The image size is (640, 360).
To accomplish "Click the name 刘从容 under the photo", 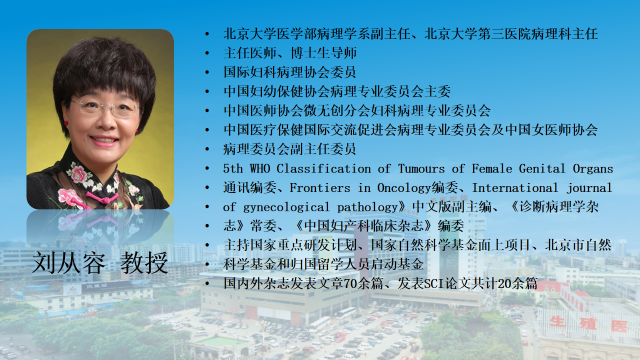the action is coord(69,263).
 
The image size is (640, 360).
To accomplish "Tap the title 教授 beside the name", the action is coord(144,263).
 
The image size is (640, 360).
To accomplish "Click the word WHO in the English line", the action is coord(260,168).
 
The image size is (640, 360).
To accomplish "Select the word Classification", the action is coord(323,168).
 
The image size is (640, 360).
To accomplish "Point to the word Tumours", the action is coord(421,168).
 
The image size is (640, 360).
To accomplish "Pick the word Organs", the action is coord(593,169).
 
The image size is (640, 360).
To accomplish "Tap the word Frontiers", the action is coord(320,187).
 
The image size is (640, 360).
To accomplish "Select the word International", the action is coord(515,187).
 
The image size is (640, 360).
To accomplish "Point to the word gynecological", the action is coord(286,207).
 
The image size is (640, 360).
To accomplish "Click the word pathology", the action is coord(367,207).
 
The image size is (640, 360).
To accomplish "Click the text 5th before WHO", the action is coord(233,168).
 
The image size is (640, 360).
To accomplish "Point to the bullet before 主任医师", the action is coord(207,53).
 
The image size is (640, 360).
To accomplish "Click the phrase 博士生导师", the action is coord(323,53).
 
